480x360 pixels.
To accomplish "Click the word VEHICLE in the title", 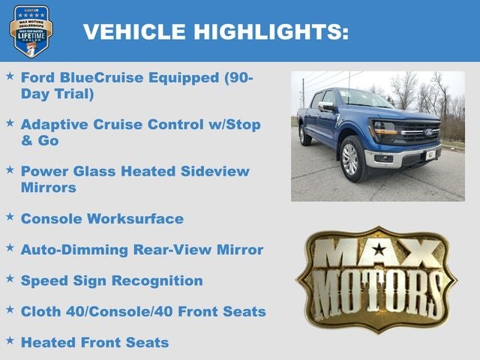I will (x=134, y=31).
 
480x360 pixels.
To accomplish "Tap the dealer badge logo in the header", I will (x=31, y=31).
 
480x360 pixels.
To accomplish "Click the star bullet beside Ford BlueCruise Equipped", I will (x=10, y=76).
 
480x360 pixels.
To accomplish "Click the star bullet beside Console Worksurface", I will (x=10, y=217).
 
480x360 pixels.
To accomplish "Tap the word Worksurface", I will (x=136, y=218).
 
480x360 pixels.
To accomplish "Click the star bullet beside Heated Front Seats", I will (x=10, y=340).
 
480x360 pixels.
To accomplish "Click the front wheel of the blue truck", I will (x=350, y=159).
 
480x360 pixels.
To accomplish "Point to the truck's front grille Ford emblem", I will (x=427, y=133).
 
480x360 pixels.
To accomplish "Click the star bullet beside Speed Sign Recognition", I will (x=10, y=278).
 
